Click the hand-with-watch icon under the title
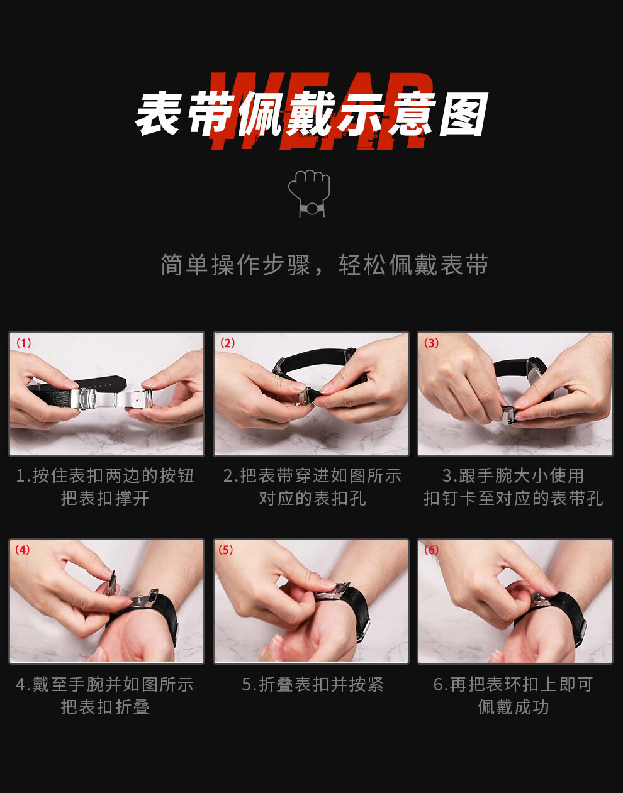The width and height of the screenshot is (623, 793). click(309, 194)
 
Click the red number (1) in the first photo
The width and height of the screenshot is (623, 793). click(24, 343)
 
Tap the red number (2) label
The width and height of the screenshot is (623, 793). click(227, 343)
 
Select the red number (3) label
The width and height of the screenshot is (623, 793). click(431, 343)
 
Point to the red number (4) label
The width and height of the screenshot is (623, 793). click(22, 550)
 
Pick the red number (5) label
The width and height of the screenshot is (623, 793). click(225, 550)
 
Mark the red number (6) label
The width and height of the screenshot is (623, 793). click(431, 550)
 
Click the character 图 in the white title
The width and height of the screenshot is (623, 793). click(464, 113)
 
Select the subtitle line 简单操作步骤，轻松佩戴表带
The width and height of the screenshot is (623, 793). click(324, 265)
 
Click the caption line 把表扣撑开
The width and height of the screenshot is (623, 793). click(105, 498)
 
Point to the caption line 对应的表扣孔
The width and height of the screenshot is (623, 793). click(312, 498)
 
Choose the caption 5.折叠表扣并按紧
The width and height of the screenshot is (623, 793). click(312, 685)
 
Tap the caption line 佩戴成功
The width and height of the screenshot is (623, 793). click(513, 707)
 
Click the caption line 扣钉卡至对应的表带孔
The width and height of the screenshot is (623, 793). click(513, 498)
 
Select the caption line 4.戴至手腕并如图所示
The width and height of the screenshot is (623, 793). click(105, 685)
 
